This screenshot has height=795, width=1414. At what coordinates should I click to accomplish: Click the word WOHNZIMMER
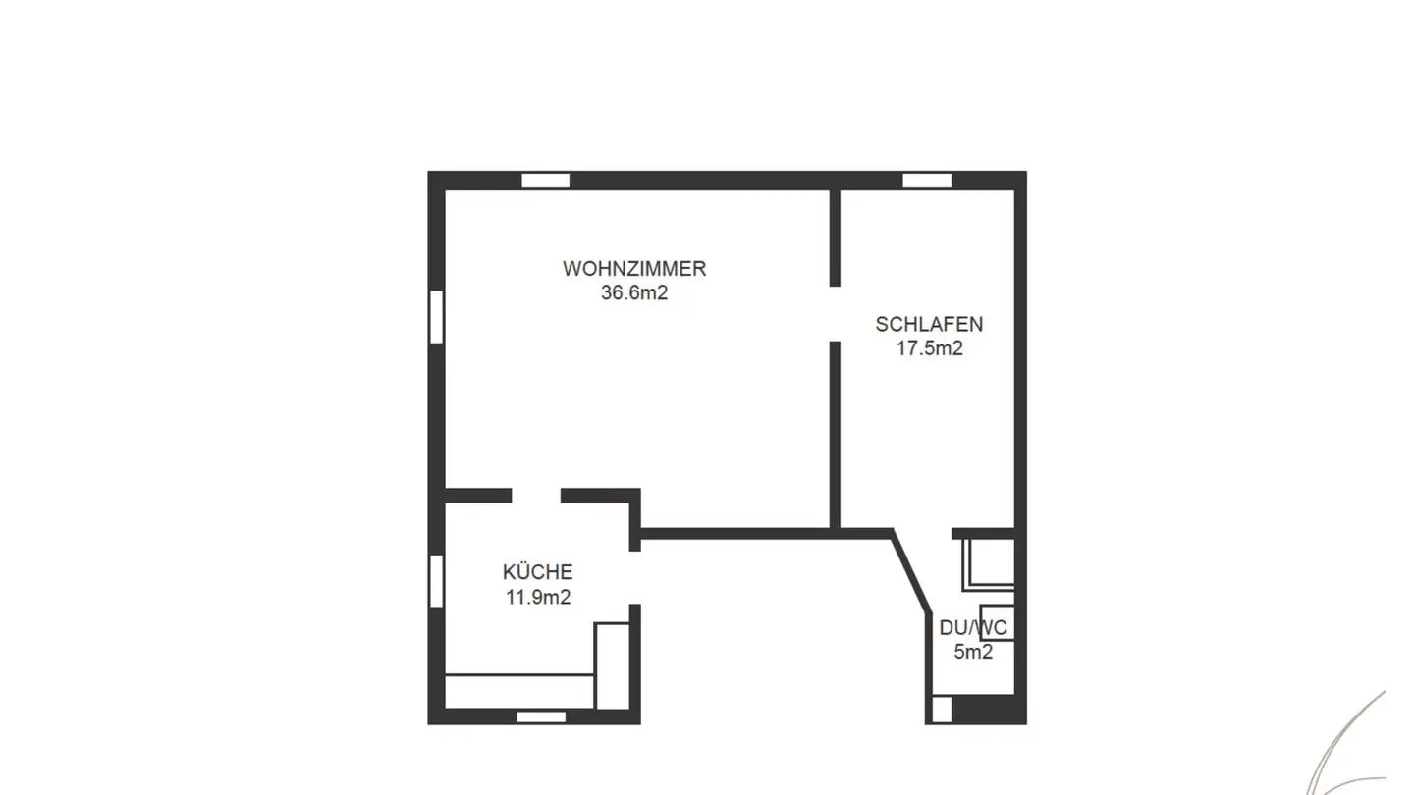[x=633, y=268]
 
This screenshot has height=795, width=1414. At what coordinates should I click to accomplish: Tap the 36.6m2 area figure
[x=633, y=292]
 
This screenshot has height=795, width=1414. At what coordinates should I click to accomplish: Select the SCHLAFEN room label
[x=929, y=324]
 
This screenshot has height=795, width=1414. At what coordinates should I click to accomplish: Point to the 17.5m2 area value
[x=929, y=348]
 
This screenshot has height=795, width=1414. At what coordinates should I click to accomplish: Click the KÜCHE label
[x=537, y=572]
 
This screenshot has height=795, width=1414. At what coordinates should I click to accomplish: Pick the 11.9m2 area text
[x=537, y=597]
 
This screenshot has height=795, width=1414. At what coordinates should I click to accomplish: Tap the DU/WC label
[x=972, y=628]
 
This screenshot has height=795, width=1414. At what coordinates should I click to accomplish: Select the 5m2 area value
[x=972, y=652]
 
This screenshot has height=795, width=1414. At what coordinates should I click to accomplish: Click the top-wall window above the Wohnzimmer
[x=545, y=181]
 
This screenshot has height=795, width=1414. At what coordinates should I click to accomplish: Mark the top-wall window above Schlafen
[x=927, y=181]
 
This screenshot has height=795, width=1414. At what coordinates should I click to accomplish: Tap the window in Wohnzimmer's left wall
[x=436, y=316]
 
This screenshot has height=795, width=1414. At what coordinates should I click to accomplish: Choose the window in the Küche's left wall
[x=436, y=580]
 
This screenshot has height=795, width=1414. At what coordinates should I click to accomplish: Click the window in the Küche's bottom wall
[x=541, y=716]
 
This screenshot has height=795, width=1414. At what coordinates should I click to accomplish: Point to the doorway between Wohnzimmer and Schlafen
[x=835, y=314]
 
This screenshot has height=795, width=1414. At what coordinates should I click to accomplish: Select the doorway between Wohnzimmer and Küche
[x=536, y=496]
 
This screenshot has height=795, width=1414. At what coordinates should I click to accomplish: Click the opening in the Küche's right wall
[x=634, y=577]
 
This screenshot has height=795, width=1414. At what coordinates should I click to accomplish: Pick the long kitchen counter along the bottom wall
[x=519, y=690]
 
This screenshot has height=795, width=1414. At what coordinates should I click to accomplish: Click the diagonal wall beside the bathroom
[x=911, y=573]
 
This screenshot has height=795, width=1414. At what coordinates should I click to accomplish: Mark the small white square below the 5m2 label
[x=942, y=709]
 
